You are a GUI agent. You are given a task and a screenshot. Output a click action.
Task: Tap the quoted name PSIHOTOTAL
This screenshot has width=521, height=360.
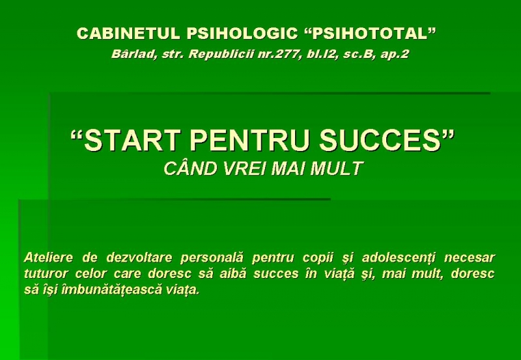pyautogui.click(x=370, y=33)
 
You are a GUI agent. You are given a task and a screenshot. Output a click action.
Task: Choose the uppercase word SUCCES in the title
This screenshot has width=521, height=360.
pyautogui.click(x=380, y=140)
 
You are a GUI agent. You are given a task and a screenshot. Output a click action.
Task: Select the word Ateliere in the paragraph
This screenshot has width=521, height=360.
pyautogui.click(x=48, y=257)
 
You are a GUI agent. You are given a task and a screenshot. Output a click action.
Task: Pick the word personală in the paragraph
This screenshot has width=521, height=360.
pyautogui.click(x=212, y=258)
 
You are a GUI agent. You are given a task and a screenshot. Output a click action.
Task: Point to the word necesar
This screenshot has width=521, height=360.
pyautogui.click(x=470, y=258)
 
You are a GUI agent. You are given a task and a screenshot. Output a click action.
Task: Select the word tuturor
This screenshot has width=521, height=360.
pyautogui.click(x=46, y=273)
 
